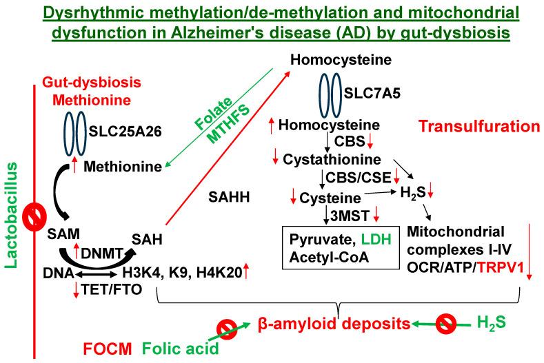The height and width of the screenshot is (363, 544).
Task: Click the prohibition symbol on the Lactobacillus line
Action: pos(32,217)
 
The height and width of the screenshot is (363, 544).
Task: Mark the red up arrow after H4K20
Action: pos(247,273)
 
